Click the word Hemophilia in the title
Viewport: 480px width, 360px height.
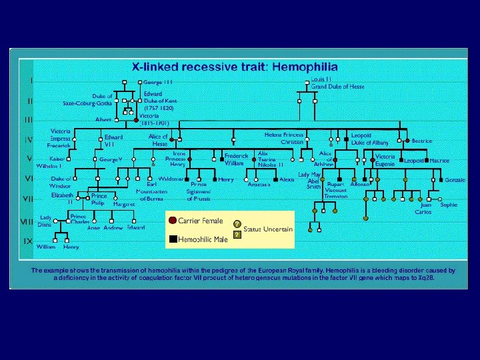[x=305, y=67]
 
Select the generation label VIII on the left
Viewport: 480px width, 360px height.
[x=27, y=221]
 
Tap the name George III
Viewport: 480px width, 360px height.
[x=159, y=82]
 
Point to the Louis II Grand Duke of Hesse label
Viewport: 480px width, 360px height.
[x=337, y=83]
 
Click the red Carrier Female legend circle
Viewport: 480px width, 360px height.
[x=172, y=221]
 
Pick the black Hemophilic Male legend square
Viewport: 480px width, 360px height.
[x=172, y=239]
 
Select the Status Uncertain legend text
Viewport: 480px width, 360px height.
[x=268, y=229]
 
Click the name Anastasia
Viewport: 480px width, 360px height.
[x=259, y=185]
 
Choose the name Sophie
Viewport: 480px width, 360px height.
[x=449, y=205]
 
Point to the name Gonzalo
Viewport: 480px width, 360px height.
[x=455, y=181]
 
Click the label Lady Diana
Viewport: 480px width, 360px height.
[x=45, y=221]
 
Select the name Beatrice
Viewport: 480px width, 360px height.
[x=422, y=141]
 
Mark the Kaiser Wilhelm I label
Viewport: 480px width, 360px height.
[x=49, y=163]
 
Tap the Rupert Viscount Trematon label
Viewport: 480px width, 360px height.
[x=335, y=191]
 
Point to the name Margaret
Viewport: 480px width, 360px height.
[x=123, y=204]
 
